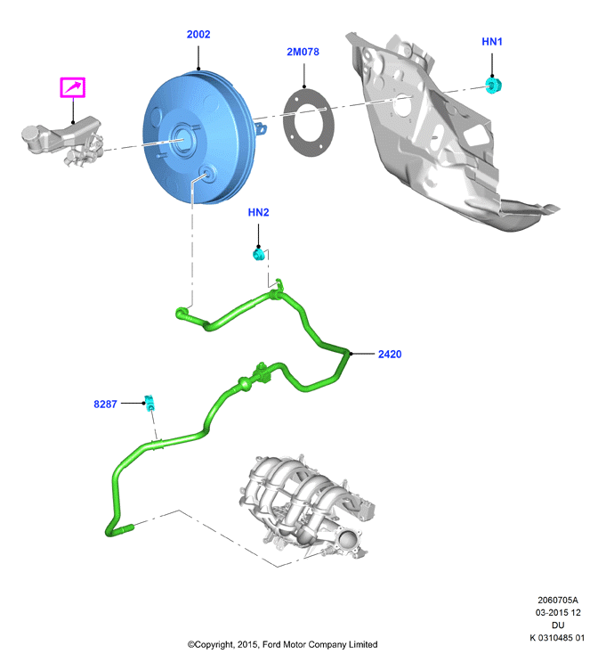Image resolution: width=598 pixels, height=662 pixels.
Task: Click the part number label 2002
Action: click(x=198, y=34)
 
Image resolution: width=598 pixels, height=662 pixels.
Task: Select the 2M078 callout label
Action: click(x=303, y=52)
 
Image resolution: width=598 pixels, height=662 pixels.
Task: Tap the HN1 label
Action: click(x=492, y=41)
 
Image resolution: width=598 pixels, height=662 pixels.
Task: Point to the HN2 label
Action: click(x=258, y=212)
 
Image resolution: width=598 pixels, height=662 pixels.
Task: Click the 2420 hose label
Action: click(x=390, y=354)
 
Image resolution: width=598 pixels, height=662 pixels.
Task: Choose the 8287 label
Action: click(x=105, y=404)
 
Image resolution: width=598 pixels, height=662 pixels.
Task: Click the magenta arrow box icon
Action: click(x=73, y=87)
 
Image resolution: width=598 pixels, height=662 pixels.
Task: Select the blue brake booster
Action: click(x=198, y=137)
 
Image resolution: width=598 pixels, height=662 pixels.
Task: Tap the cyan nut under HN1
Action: click(x=493, y=85)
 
